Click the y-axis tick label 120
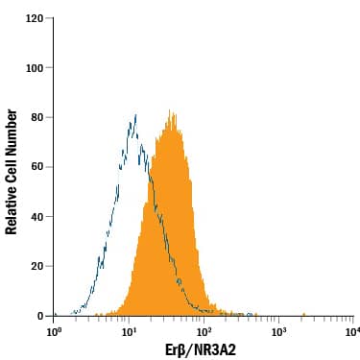pyautogui.click(x=36, y=18)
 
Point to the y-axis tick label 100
pyautogui.click(x=36, y=68)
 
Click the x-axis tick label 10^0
pyautogui.click(x=55, y=331)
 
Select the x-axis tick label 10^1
pyautogui.click(x=129, y=331)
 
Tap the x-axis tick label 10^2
pyautogui.click(x=204, y=331)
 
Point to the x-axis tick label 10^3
pyautogui.click(x=278, y=331)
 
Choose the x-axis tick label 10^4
pyautogui.click(x=351, y=331)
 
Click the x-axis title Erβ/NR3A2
pyautogui.click(x=203, y=349)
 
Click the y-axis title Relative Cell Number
pyautogui.click(x=12, y=171)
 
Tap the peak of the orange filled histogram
pyautogui.click(x=170, y=110)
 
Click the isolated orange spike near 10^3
pyautogui.click(x=302, y=313)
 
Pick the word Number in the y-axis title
pyautogui.click(x=12, y=132)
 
